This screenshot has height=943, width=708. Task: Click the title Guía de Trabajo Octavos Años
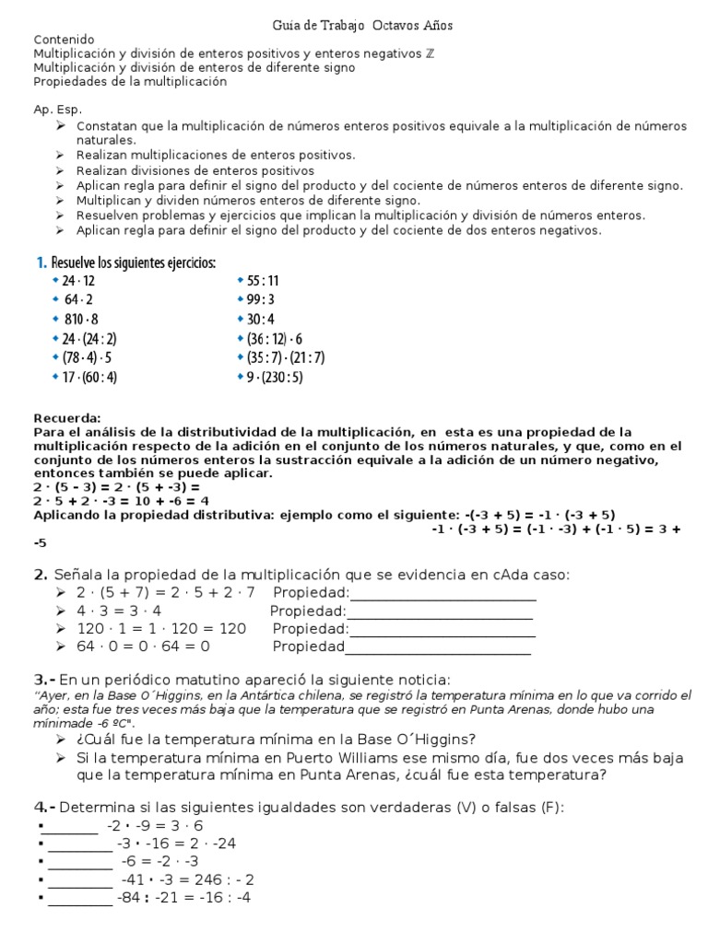363,25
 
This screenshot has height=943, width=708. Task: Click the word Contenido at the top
64,40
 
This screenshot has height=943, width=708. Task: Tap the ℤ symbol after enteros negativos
429,53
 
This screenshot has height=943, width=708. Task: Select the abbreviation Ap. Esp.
57,109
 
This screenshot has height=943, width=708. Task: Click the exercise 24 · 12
78,281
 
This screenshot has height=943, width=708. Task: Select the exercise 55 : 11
262,281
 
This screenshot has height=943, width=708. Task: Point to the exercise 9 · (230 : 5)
275,377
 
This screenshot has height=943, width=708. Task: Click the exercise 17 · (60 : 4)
89,377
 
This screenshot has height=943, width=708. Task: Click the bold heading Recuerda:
67,417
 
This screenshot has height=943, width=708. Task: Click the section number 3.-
46,679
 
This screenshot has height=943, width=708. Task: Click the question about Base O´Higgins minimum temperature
277,739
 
